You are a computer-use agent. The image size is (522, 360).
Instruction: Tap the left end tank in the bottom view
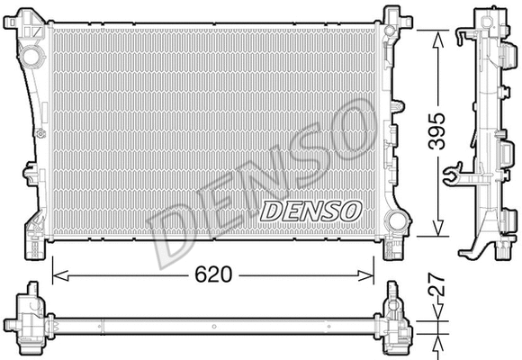29,320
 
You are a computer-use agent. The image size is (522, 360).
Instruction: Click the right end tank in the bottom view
396,320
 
